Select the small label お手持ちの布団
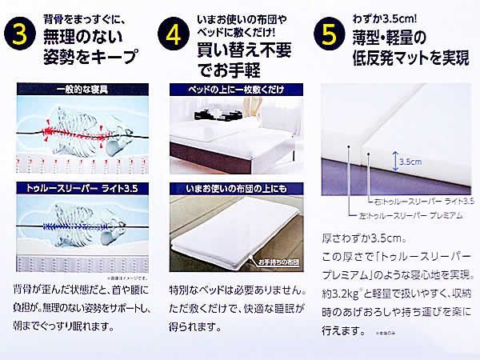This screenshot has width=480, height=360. pyautogui.click(x=275, y=262)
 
